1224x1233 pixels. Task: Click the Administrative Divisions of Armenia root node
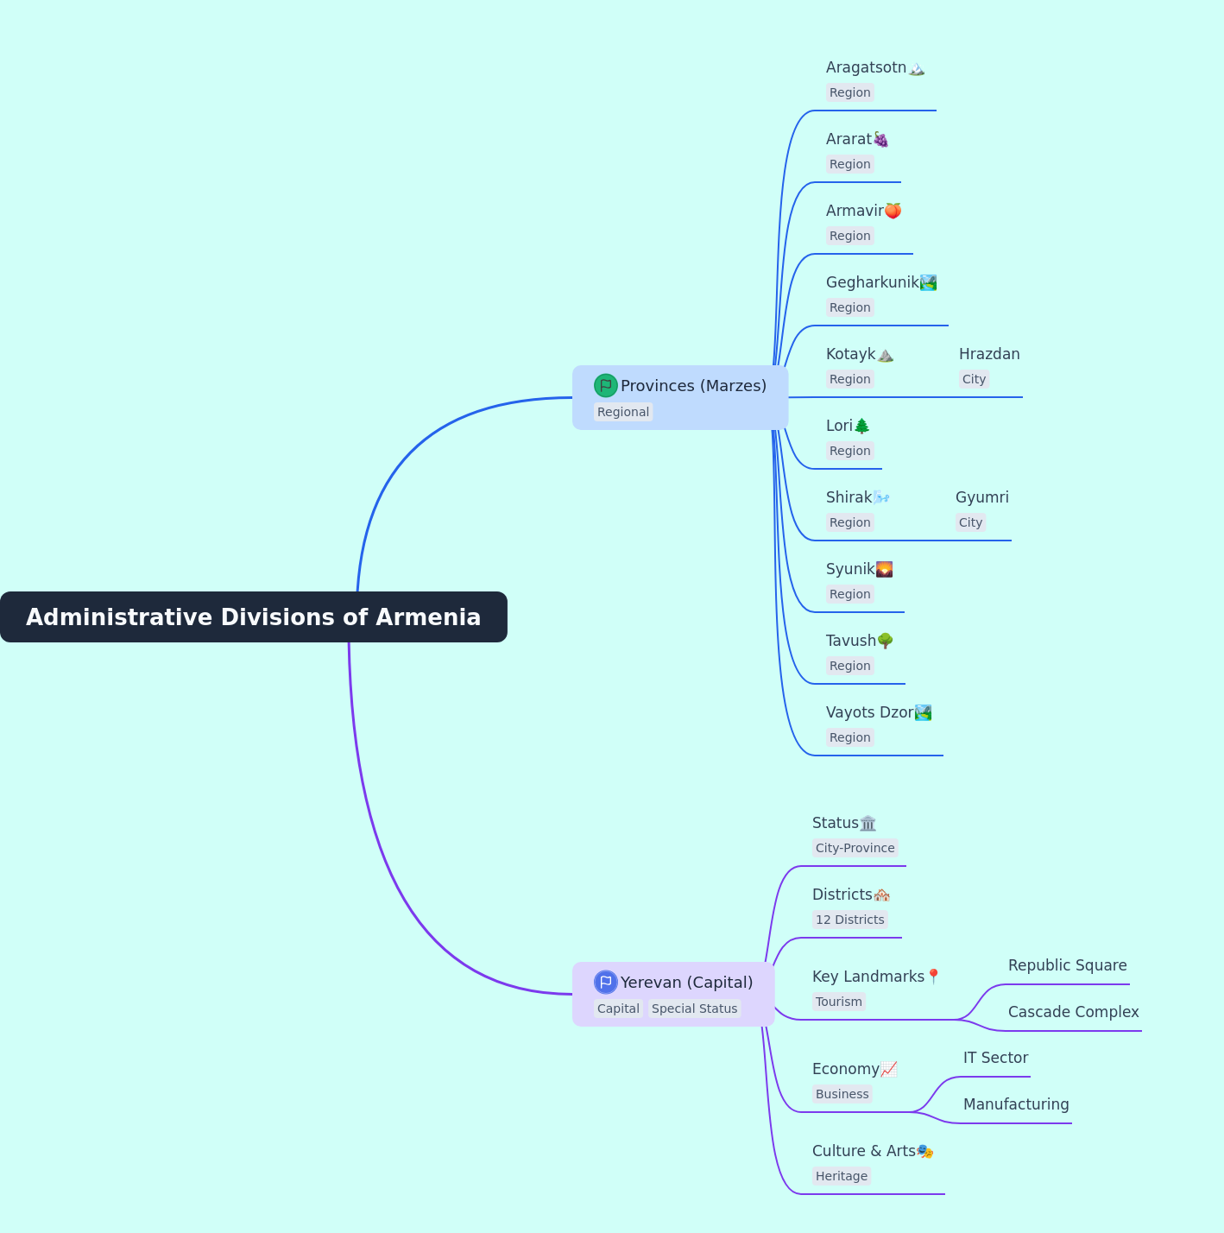[x=254, y=616]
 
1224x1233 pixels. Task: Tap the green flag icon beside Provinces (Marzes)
[x=605, y=385]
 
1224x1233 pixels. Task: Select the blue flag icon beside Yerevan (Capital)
[x=605, y=982]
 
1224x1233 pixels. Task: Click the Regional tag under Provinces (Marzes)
[x=622, y=411]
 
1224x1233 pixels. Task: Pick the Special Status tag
[x=694, y=1008]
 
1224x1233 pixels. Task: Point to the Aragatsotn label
[x=866, y=67]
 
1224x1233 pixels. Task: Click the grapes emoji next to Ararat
[x=881, y=140]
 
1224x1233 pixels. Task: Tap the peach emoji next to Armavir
[x=893, y=211]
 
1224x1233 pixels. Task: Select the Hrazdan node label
[x=989, y=354]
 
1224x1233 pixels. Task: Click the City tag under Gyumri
[x=970, y=522]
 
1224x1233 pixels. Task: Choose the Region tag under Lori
[x=849, y=451]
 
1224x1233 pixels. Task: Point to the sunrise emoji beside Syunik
[x=884, y=569]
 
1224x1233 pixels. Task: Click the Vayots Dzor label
[x=869, y=712]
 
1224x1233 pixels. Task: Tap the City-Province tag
[x=855, y=847]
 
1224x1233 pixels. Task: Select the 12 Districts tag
[x=849, y=919]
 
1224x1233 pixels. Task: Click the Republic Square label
[x=1067, y=965]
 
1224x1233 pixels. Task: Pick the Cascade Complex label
[x=1073, y=1012]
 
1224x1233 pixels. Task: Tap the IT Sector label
[x=995, y=1058]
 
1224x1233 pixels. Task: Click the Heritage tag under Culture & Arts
[x=842, y=1175]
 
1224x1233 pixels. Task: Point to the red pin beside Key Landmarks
[x=933, y=976]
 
